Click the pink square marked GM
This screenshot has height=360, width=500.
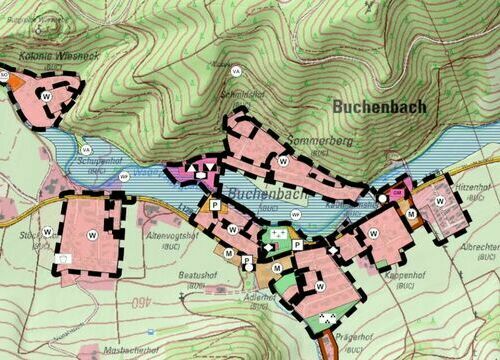coord(397,191)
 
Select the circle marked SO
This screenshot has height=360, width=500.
coord(4,76)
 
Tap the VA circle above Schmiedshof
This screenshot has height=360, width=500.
coord(237,72)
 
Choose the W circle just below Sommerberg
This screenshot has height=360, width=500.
coord(284,161)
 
